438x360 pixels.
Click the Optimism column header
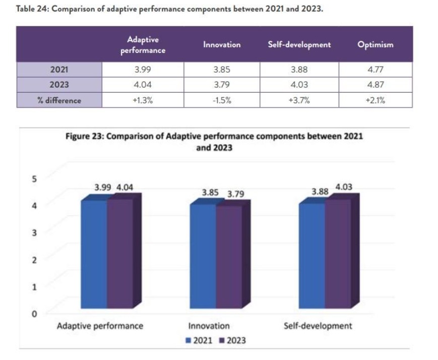coord(375,44)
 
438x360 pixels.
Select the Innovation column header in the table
coord(222,44)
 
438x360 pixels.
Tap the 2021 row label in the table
coord(59,69)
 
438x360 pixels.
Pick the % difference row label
coord(59,100)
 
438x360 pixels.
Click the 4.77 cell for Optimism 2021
coord(375,69)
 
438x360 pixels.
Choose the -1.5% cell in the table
coord(222,100)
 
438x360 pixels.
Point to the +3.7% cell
coord(299,100)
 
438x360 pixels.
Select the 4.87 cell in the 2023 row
coord(375,85)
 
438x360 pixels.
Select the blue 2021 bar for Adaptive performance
coord(94,254)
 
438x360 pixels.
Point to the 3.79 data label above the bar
coord(235,194)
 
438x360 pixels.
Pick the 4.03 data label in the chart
coord(344,187)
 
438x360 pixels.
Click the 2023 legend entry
coord(233,340)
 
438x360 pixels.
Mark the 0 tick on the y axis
coord(35,314)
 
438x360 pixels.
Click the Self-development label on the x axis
coord(318,326)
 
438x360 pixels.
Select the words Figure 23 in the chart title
coord(84,136)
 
